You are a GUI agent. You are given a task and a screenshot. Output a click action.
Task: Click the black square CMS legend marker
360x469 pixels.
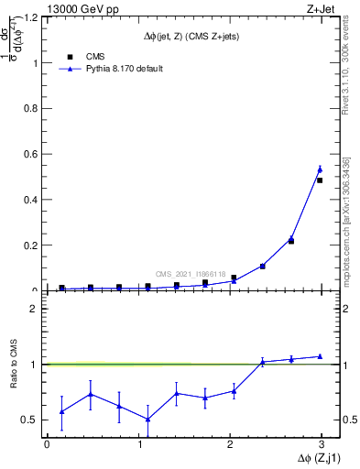pos(69,56)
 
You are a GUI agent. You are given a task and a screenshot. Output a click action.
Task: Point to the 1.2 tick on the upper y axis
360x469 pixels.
pos(32,18)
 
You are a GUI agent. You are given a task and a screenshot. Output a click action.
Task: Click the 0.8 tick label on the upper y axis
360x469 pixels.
pos(32,109)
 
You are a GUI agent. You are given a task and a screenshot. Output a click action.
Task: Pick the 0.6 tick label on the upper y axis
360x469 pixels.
pos(32,155)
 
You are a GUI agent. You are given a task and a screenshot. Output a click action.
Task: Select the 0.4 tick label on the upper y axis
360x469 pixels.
pos(32,200)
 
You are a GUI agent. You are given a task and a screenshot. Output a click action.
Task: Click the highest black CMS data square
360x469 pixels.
pos(320,180)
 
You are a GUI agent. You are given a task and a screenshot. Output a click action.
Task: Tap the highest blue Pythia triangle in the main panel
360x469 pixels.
pos(320,169)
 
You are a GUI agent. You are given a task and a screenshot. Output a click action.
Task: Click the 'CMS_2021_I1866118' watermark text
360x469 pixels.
pos(191,273)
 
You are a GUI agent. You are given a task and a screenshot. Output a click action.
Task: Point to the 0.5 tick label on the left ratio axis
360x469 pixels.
pos(30,420)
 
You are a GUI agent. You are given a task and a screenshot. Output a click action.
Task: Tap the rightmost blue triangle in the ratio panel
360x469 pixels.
pos(320,356)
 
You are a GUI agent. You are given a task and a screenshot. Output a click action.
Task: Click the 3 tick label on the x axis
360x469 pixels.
pos(322,444)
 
